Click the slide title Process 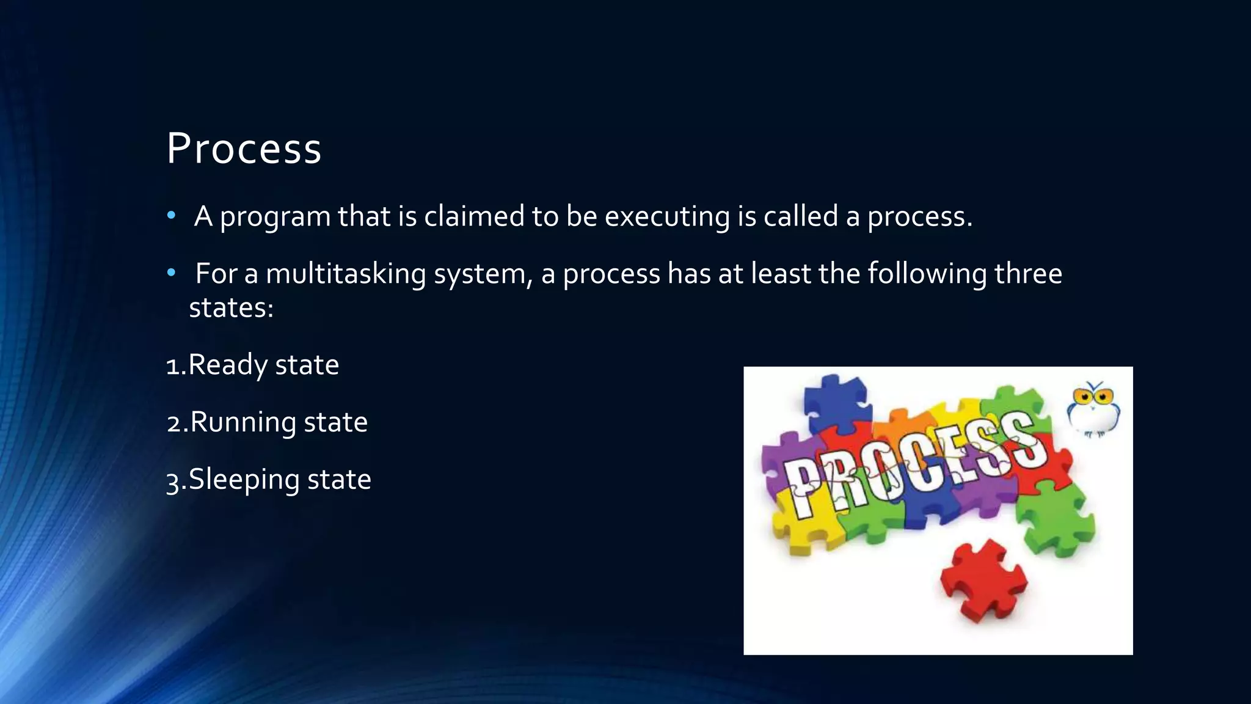tap(244, 148)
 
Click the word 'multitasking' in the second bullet tap(346, 274)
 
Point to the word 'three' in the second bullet tap(1028, 273)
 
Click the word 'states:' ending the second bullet tap(231, 307)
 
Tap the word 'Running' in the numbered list tap(243, 422)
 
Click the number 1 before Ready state tap(173, 366)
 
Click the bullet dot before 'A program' tap(171, 216)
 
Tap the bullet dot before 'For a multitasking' tap(171, 273)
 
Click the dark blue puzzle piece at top tap(836, 400)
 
